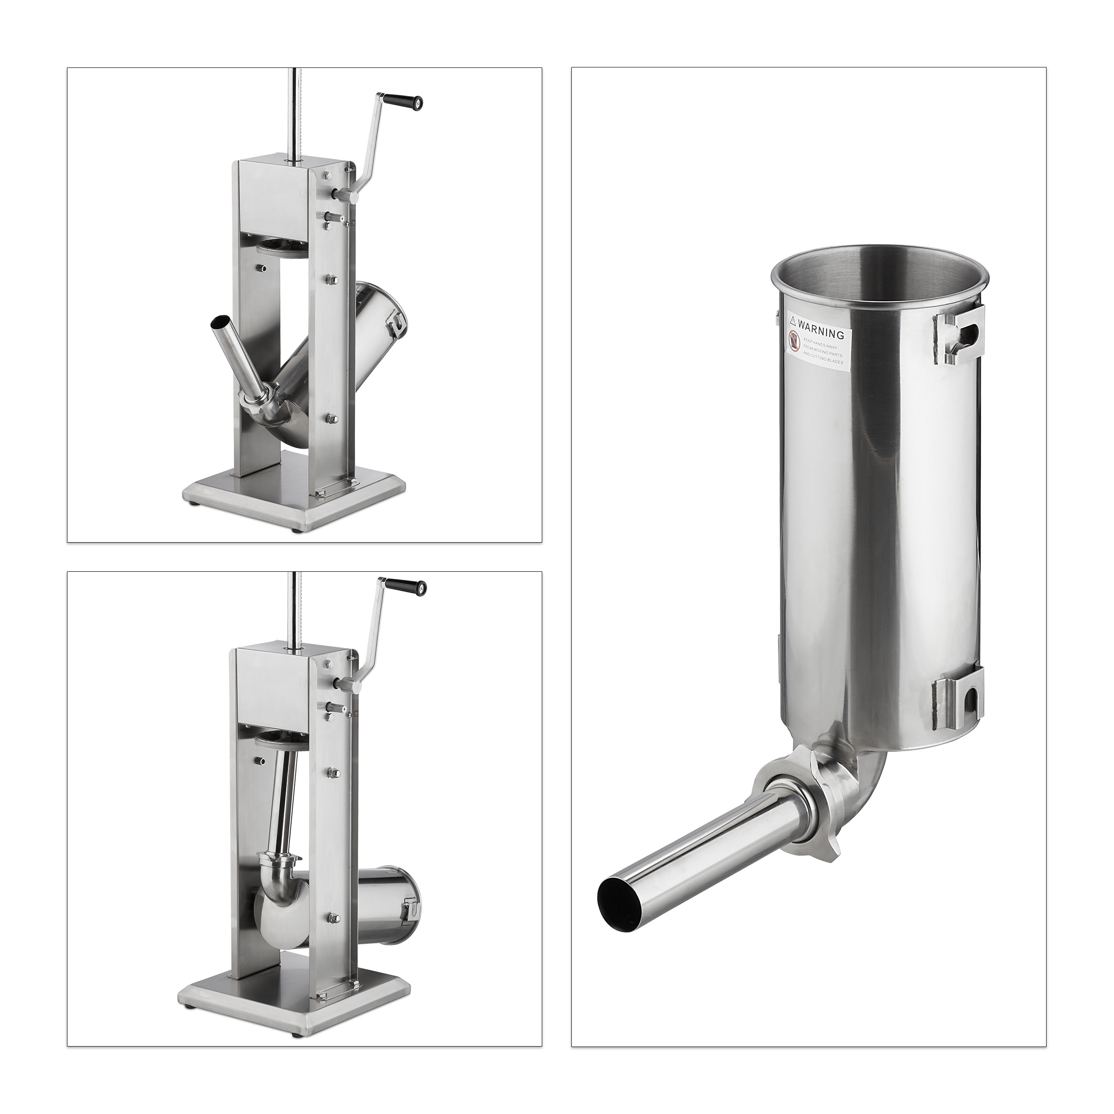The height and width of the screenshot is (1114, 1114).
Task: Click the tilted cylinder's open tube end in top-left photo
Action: click(220, 322)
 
